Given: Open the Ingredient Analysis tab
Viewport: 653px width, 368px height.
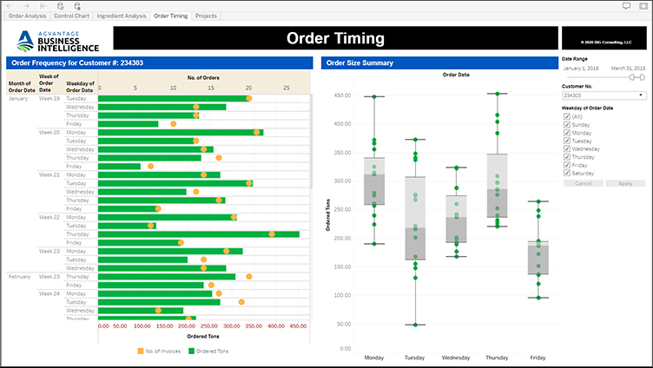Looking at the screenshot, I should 122,16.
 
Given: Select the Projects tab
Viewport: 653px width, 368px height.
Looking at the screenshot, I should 206,16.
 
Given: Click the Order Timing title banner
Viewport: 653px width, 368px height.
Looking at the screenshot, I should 335,38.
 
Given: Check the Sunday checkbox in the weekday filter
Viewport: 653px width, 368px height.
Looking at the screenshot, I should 567,124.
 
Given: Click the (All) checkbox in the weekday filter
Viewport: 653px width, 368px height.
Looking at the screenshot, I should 567,116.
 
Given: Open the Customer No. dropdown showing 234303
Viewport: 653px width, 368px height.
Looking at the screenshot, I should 604,95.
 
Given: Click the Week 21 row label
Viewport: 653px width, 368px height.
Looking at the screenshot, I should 49,174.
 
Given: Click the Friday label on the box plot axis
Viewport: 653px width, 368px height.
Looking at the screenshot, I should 538,358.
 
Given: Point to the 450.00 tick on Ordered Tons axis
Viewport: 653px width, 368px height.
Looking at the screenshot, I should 297,327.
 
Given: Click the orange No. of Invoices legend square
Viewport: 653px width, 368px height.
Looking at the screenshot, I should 139,350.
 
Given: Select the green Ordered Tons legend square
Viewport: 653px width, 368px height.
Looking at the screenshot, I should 190,350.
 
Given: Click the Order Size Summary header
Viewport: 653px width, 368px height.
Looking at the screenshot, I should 359,62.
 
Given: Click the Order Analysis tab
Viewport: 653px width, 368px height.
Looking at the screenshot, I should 27,16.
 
